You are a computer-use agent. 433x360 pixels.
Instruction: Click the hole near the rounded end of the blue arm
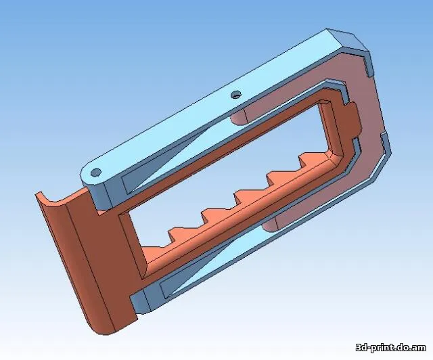[96, 172]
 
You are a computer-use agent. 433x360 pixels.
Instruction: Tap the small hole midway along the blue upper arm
[235, 95]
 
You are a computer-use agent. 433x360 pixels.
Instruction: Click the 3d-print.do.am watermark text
[392, 347]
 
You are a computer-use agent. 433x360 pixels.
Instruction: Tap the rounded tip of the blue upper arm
[87, 177]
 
